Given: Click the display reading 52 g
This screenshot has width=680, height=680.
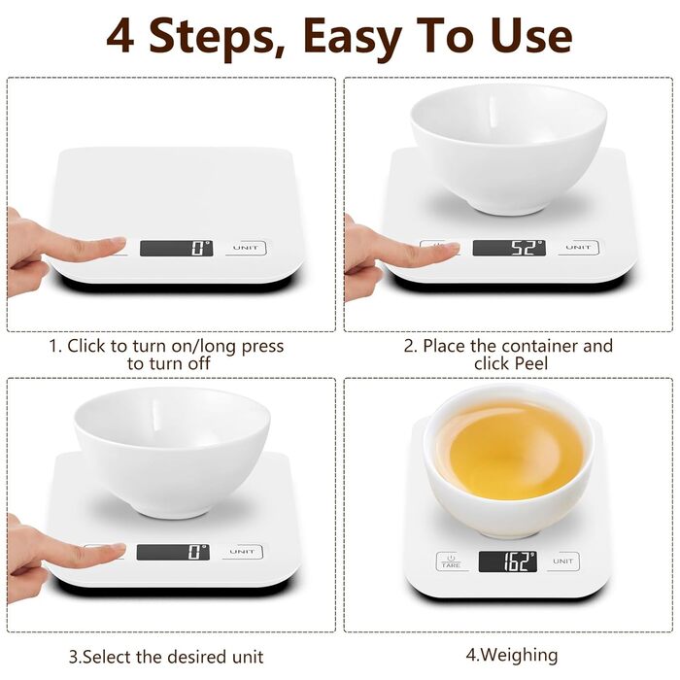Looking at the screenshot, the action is [509, 248].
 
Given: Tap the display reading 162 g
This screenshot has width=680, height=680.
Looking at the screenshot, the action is [508, 561].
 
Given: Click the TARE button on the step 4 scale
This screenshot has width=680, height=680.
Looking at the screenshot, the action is [451, 561].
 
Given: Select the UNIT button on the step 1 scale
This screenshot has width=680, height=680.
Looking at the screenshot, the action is [246, 248].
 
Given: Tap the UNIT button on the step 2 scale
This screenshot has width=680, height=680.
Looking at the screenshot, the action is [578, 247].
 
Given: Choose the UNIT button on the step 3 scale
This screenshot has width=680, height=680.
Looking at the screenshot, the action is [243, 552].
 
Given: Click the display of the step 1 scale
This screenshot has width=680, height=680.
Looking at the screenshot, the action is [176, 248].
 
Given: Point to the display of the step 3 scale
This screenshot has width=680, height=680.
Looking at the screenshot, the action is [173, 552].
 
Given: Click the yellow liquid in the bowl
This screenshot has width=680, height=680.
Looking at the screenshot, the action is [510, 449].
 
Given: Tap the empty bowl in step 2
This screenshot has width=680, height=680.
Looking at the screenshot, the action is [508, 149].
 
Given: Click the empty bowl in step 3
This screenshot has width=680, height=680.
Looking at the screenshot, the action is [172, 452].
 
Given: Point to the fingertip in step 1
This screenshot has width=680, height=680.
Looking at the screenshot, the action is [117, 244].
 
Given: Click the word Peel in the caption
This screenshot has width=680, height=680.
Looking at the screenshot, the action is [532, 363].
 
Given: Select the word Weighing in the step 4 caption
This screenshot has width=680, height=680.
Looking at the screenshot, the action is [519, 656].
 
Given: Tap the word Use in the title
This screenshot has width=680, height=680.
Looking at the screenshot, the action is [531, 36].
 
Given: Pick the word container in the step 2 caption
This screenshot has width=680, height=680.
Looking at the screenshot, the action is [540, 346].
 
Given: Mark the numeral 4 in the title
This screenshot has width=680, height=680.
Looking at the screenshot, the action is [119, 36].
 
